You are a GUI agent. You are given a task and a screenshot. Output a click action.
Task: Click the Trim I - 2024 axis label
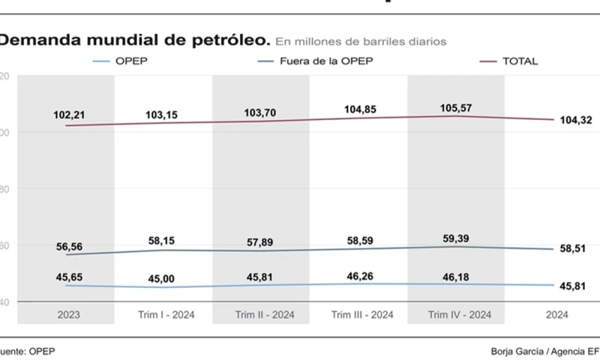click(163, 314)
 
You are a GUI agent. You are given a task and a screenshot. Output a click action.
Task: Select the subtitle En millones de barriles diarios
click(361, 40)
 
